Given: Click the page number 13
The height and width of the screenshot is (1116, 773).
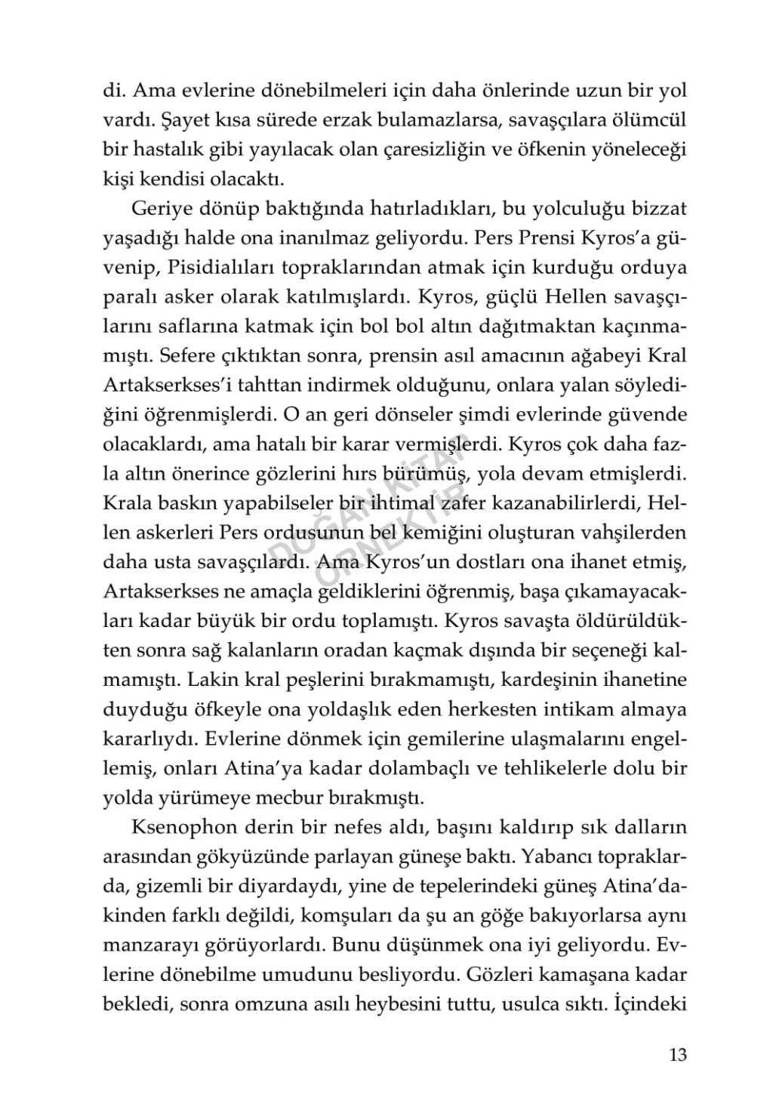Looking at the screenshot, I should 678,1055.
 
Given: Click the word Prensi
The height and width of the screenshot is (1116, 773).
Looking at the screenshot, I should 546,238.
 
